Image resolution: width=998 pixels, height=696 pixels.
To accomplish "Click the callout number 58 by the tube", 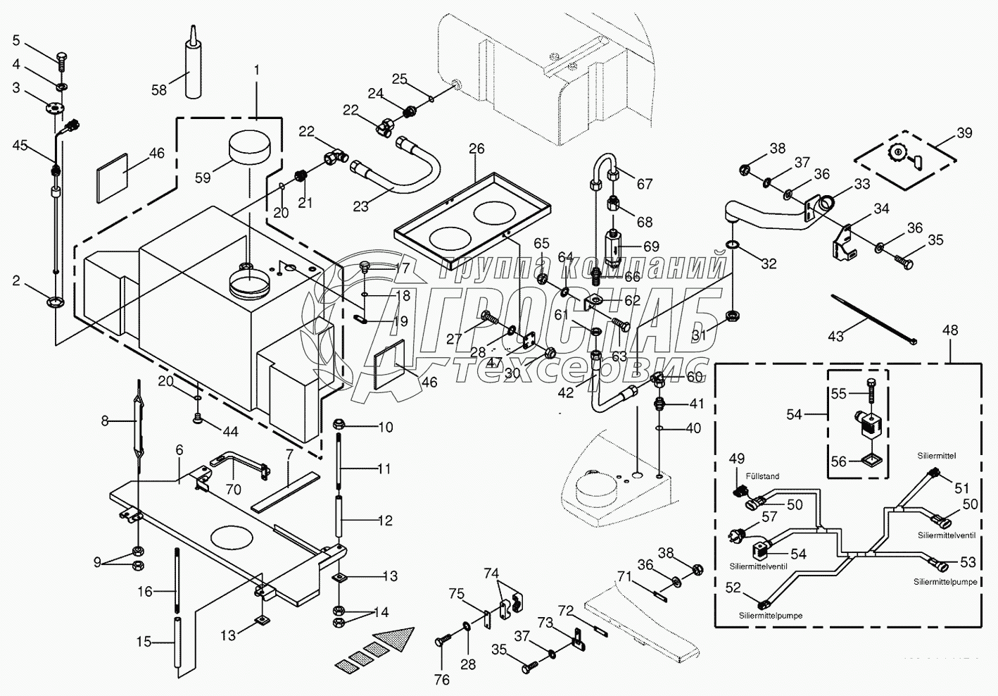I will pos(159,89).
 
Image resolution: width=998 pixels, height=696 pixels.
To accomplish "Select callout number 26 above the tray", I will pos(476,149).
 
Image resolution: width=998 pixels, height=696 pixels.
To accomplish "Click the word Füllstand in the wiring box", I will pos(763,477).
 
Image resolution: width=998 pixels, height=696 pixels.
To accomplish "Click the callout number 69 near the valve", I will pos(651,246).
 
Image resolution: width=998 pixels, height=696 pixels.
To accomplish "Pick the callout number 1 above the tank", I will pos(257,70).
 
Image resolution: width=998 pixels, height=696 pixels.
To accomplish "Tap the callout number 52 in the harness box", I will pos(733,587).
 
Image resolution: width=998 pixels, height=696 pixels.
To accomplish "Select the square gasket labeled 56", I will pos(868,461).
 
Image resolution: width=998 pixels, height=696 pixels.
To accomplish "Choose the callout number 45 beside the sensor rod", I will pos(20,145).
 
